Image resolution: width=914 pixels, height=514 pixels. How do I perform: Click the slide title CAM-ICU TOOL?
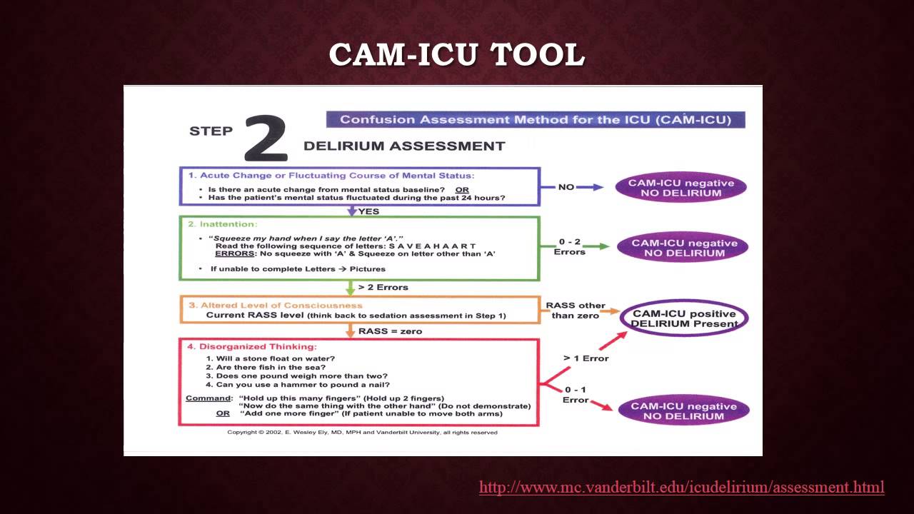tap(456, 55)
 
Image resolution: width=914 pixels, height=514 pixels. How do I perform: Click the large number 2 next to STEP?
tap(266, 138)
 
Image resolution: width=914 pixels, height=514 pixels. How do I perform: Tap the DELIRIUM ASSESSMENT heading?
tap(404, 146)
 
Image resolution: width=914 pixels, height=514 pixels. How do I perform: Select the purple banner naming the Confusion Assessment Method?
tap(536, 120)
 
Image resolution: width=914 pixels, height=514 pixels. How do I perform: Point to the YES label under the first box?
tap(368, 211)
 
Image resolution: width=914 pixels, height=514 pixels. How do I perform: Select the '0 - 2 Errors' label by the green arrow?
tap(569, 246)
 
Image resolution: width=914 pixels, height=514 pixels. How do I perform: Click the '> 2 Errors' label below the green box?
tap(383, 288)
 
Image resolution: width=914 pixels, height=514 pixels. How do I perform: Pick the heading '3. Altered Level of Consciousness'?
tap(275, 306)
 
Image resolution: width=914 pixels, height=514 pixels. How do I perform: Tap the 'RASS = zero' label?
tap(390, 331)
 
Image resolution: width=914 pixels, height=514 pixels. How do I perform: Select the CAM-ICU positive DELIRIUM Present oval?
tap(684, 318)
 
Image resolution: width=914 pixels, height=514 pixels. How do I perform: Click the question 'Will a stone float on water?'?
tap(271, 358)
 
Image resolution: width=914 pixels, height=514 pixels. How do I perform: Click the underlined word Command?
tap(209, 398)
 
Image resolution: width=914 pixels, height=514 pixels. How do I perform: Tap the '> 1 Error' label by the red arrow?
tap(586, 358)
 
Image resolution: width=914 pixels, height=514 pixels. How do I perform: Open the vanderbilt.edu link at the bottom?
tap(681, 488)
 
